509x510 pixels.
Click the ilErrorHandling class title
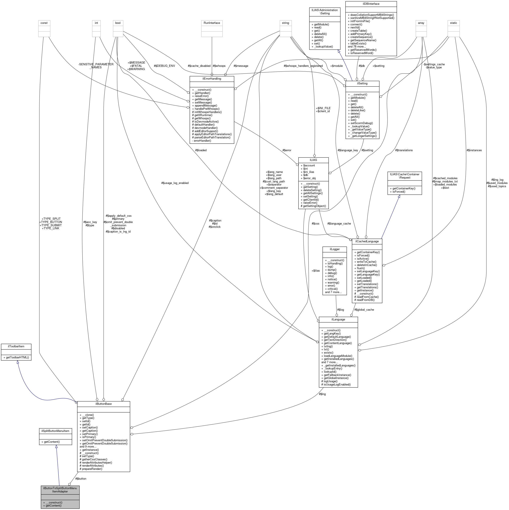pyautogui.click(x=212, y=79)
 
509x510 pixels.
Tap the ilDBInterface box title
pyautogui.click(x=371, y=4)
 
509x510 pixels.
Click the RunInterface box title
pyautogui.click(x=212, y=23)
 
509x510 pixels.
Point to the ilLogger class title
pyautogui.click(x=334, y=249)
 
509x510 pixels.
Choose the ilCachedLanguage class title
pyautogui.click(x=367, y=241)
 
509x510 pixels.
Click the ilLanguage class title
pyautogui.click(x=338, y=319)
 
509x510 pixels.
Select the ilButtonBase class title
pyautogui.click(x=103, y=404)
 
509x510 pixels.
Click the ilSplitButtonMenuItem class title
pyautogui.click(x=55, y=431)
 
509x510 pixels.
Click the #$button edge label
pyautogui.click(x=81, y=479)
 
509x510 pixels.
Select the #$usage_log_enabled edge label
pyautogui.click(x=175, y=183)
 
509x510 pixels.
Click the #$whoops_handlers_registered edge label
pyautogui.click(x=303, y=66)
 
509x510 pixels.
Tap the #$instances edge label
pyautogui.click(x=474, y=150)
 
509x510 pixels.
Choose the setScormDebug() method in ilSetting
pyautogui.click(x=362, y=123)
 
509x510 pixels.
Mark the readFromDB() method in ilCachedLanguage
pyautogui.click(x=366, y=300)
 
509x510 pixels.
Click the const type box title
pyautogui.click(x=44, y=23)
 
